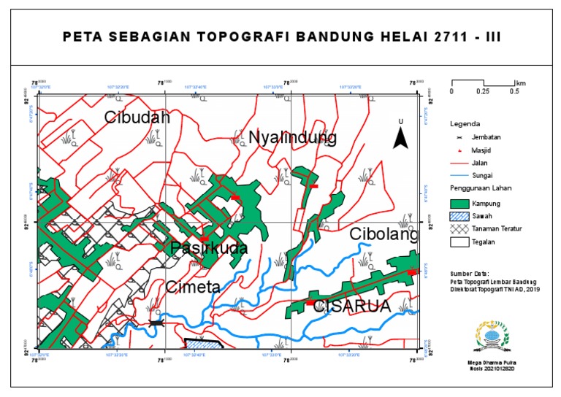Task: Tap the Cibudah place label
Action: (x=137, y=117)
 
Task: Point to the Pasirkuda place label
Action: (x=209, y=249)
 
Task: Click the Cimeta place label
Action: (x=193, y=287)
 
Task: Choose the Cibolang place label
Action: (x=383, y=234)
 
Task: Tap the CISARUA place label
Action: (x=352, y=307)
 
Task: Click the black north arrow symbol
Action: (x=400, y=136)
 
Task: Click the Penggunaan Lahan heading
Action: (x=480, y=189)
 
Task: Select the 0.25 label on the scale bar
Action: (x=483, y=92)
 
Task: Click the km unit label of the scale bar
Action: (x=521, y=82)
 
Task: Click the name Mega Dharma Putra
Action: (x=491, y=361)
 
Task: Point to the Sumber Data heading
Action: (x=470, y=274)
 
